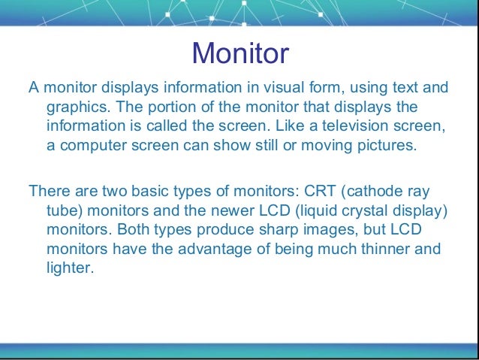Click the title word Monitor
click(239, 54)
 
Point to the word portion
click(191, 107)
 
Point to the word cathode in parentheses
click(371, 191)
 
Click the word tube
click(62, 210)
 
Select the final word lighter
click(70, 266)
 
